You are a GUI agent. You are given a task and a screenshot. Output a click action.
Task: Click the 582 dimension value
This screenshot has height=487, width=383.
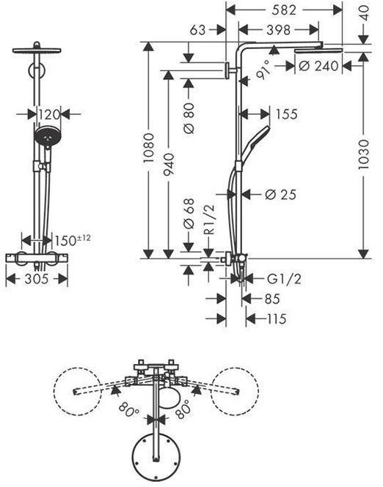click(284, 10)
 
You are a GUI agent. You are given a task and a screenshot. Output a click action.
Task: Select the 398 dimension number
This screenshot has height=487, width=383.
click(279, 30)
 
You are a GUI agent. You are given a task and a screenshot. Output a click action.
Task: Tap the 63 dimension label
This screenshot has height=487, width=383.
click(198, 30)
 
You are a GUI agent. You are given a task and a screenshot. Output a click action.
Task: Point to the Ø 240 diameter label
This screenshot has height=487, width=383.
click(318, 66)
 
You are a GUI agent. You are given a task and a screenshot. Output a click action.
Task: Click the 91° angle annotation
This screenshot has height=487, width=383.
click(263, 70)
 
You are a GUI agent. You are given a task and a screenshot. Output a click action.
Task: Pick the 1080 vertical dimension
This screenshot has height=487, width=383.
click(149, 148)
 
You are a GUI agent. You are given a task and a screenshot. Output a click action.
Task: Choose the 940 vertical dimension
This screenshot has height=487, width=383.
click(169, 164)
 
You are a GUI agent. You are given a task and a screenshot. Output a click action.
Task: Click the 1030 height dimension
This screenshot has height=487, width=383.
click(363, 155)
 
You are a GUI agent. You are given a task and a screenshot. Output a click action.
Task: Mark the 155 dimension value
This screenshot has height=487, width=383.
click(287, 114)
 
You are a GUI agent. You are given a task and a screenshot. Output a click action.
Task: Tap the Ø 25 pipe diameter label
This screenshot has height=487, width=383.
click(280, 195)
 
